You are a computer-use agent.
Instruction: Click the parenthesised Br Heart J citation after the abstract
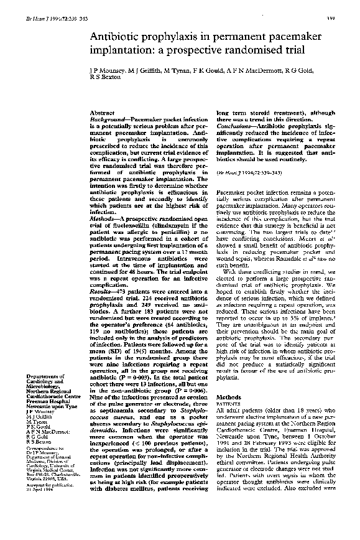pos(244,171)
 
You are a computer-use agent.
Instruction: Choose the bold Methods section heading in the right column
pos(227,397)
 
